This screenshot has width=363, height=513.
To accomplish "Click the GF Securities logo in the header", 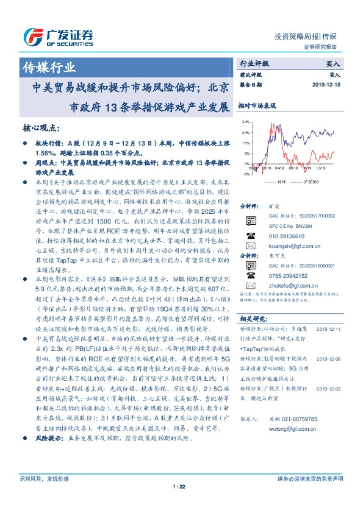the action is point(58,36).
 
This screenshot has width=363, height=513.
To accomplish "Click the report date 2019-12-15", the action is point(327,85).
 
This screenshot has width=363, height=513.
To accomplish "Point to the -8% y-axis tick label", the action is point(245,174).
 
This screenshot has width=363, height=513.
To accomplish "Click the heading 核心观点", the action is point(41,129).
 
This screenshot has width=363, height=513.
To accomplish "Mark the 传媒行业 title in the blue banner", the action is point(49,66).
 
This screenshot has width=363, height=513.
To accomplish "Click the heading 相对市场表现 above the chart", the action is point(260,105).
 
